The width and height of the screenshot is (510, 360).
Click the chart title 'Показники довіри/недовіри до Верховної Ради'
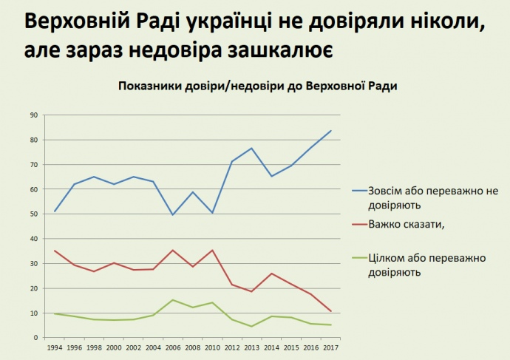click(258, 86)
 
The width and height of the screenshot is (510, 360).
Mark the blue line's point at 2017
click(330, 131)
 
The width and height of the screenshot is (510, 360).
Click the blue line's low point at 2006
click(173, 215)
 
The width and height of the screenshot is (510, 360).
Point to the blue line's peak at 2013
click(251, 149)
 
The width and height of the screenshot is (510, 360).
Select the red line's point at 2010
click(212, 251)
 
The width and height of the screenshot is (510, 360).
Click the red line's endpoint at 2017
click(330, 311)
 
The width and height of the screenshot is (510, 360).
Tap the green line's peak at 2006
click(173, 300)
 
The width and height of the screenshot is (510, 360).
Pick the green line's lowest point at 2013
click(251, 327)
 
